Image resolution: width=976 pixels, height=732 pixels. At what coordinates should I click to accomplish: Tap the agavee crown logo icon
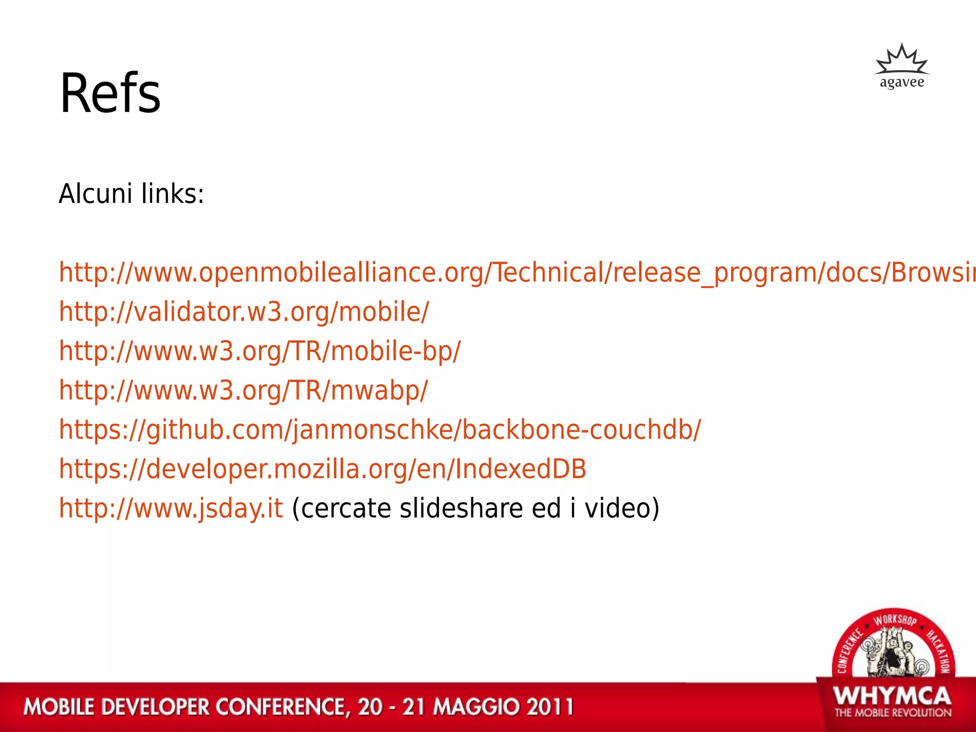point(901,61)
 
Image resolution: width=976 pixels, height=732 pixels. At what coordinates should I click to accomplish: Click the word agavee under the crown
point(902,82)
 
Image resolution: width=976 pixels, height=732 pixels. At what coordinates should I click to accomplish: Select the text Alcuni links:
point(132,194)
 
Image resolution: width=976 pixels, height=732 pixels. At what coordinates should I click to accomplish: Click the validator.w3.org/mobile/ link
point(244,312)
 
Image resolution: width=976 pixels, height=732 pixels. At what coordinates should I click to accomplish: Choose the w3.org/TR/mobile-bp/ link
point(260,351)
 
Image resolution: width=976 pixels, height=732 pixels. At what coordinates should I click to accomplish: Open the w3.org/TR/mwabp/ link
point(244,390)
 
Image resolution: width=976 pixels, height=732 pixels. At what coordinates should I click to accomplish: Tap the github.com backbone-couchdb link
point(380,430)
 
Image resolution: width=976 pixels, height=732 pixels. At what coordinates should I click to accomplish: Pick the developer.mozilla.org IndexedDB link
point(323,469)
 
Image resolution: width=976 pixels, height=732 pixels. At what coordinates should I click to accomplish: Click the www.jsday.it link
point(171,508)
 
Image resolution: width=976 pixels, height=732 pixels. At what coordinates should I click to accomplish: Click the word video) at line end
point(622,508)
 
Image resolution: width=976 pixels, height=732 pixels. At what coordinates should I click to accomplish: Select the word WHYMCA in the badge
point(892,696)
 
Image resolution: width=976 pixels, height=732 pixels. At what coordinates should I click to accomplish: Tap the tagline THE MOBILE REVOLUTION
point(893,713)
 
